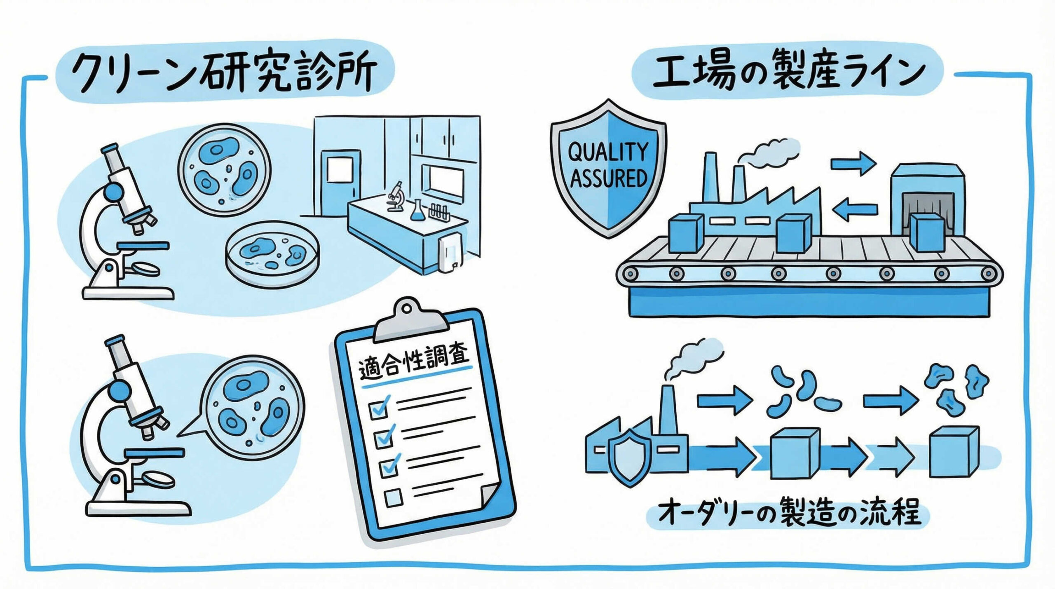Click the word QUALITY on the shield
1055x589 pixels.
(608, 152)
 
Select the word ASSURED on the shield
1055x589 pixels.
(608, 178)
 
